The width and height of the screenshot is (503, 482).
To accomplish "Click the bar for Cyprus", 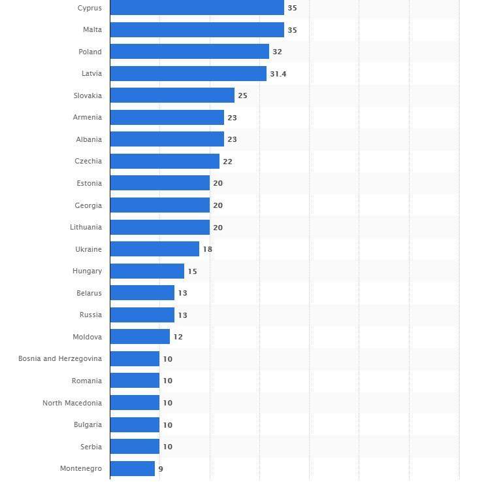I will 197,8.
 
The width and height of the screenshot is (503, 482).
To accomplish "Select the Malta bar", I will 197,30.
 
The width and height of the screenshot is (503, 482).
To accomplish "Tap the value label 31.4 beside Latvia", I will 278,74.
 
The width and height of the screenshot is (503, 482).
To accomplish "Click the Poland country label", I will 90,52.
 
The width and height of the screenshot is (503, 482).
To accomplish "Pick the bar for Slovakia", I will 172,95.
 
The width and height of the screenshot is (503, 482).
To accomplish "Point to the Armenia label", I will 88,118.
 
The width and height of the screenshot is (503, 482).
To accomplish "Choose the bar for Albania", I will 167,139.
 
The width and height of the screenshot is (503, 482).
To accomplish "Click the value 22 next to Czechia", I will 227,162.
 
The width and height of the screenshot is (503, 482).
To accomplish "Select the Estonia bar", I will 159,183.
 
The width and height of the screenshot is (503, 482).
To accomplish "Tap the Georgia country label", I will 88,205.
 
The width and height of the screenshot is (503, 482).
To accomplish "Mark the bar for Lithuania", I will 159,227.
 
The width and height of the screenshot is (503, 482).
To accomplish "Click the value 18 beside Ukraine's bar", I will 208,249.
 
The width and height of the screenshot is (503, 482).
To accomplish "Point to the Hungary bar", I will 147,271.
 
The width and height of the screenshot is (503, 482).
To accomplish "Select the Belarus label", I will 89,293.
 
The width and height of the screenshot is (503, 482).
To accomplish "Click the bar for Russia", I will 142,315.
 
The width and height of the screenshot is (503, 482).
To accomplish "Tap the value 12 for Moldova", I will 178,337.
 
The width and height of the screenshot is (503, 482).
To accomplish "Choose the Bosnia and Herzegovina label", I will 60,359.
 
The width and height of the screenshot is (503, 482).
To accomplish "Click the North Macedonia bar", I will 135,403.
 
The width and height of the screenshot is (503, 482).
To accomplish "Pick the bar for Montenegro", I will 132,468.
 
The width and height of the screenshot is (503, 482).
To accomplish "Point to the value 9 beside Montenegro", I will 161,469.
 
